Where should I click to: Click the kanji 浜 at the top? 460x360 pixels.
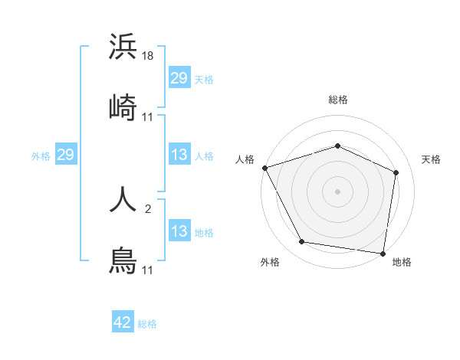tap(123, 47)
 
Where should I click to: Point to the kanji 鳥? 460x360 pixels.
tap(123, 261)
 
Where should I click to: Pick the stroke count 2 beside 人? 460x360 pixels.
tap(148, 208)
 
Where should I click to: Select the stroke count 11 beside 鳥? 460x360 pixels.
tap(148, 270)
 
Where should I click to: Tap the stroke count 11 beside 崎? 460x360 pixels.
tap(148, 116)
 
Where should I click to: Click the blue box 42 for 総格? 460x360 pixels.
tap(123, 322)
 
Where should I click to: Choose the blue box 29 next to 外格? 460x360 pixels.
tap(65, 155)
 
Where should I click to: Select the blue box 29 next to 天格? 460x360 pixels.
tap(179, 78)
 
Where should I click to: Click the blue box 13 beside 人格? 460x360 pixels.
tap(179, 155)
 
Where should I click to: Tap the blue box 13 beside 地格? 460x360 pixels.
tap(179, 231)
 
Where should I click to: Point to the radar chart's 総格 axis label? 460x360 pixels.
tap(337, 100)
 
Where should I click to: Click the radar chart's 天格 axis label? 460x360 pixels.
tap(431, 159)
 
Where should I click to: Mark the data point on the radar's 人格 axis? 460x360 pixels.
tap(264, 168)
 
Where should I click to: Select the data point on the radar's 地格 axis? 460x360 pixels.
tap(383, 252)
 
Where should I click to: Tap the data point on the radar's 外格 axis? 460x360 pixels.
tap(302, 242)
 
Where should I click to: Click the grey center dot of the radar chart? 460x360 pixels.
tap(337, 191)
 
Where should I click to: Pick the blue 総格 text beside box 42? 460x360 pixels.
tap(147, 324)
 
